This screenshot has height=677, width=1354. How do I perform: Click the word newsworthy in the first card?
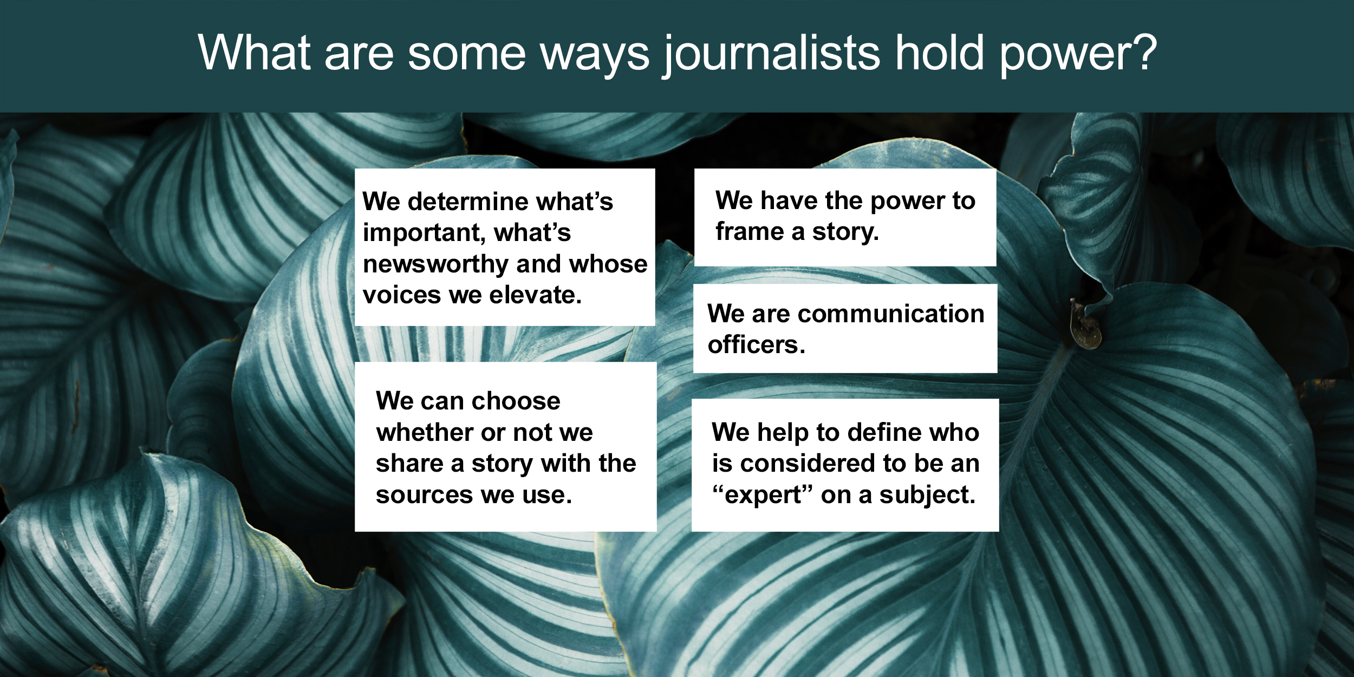435,264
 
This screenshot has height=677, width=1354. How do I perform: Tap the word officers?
756,344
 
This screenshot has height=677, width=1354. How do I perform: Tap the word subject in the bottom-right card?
926,495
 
